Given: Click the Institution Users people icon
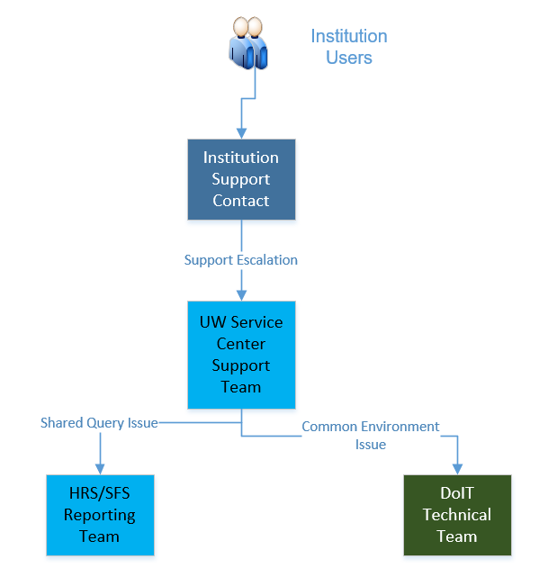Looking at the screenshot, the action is click(248, 43).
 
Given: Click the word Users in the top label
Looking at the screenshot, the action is click(349, 58).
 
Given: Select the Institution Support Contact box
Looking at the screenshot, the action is click(241, 179).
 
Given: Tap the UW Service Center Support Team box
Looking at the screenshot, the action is click(241, 355).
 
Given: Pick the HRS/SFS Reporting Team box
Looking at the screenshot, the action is click(100, 515).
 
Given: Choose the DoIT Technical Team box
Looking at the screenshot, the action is click(457, 515).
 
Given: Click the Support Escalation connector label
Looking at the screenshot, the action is click(241, 260).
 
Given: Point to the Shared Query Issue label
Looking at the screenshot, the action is click(99, 423).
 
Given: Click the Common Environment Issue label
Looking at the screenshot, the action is click(371, 436).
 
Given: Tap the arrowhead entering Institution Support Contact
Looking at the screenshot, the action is click(241, 133).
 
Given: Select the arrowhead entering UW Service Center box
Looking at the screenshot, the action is click(241, 295).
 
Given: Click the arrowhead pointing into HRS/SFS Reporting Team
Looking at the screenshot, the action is click(100, 469).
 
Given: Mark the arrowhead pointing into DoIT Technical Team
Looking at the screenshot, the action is click(457, 469).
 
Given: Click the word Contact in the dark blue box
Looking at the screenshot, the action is click(241, 201).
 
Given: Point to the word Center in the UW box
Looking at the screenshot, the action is click(241, 344).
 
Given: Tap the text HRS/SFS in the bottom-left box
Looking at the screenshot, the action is click(100, 493).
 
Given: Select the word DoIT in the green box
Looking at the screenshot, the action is click(457, 493).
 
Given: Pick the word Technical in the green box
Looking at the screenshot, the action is click(457, 515).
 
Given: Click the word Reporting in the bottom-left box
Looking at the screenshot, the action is click(100, 516).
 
